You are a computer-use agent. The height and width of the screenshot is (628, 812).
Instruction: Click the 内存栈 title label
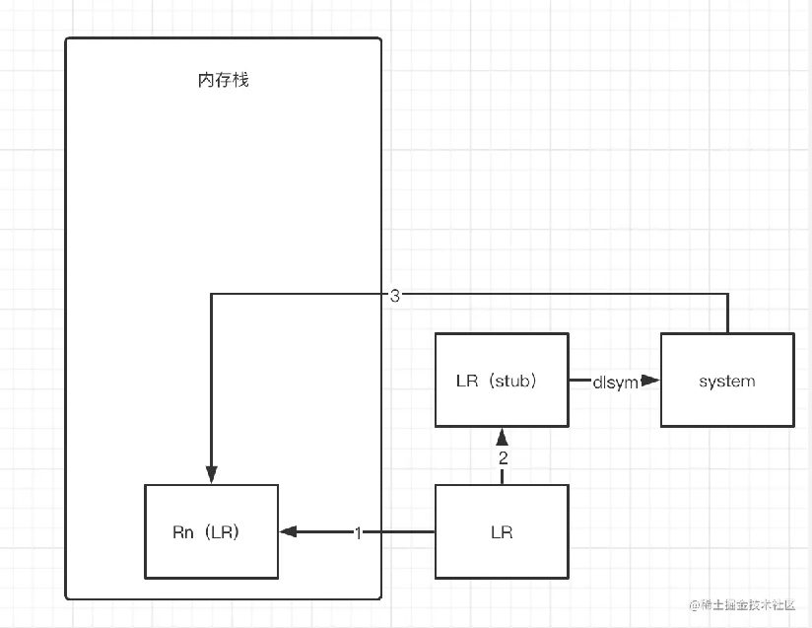click(x=223, y=80)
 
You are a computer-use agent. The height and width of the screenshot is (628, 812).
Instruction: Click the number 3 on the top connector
click(x=394, y=295)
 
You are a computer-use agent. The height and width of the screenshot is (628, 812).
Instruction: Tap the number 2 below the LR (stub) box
click(x=502, y=458)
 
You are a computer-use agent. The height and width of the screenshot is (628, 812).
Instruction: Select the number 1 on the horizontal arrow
click(x=358, y=532)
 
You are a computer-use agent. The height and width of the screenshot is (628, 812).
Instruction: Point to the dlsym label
click(x=615, y=382)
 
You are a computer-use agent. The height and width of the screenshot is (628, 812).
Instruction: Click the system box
click(x=726, y=381)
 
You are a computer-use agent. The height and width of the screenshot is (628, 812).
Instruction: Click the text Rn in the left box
click(x=182, y=532)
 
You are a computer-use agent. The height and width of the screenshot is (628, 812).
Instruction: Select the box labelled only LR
click(x=502, y=532)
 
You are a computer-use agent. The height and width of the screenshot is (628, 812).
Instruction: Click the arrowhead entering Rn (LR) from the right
click(x=288, y=532)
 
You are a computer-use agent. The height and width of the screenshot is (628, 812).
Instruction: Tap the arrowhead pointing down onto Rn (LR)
click(x=211, y=475)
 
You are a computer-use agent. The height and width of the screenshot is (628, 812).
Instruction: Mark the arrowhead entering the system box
click(x=650, y=381)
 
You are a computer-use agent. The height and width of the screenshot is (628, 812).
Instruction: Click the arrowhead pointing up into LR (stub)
click(x=502, y=437)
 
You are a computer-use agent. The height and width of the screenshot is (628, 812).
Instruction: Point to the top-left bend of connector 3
click(x=211, y=294)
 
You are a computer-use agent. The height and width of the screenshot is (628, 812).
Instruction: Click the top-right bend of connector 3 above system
click(x=727, y=294)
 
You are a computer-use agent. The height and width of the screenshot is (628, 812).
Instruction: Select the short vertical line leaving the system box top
click(x=727, y=315)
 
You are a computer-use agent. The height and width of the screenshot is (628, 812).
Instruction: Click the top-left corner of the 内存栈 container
click(x=67, y=39)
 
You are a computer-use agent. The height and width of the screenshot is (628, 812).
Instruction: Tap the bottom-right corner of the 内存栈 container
click(x=379, y=597)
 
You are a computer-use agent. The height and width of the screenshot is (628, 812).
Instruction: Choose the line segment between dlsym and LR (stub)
click(x=579, y=381)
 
